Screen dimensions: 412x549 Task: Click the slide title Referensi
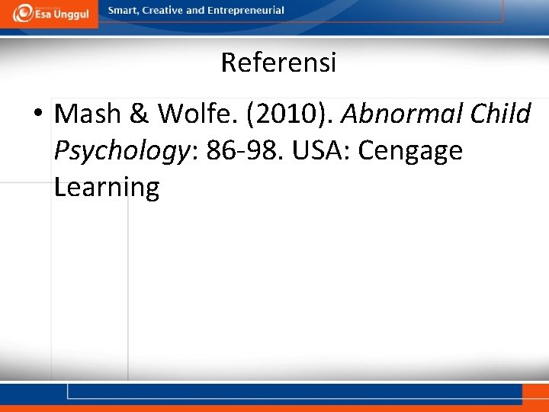pyautogui.click(x=278, y=63)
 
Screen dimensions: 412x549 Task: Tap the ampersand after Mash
pyautogui.click(x=140, y=114)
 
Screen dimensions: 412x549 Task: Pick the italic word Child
pyautogui.click(x=500, y=114)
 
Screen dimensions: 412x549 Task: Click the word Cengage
pyautogui.click(x=410, y=151)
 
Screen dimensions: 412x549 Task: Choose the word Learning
pyautogui.click(x=107, y=187)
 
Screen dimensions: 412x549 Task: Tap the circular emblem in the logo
pyautogui.click(x=24, y=12)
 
